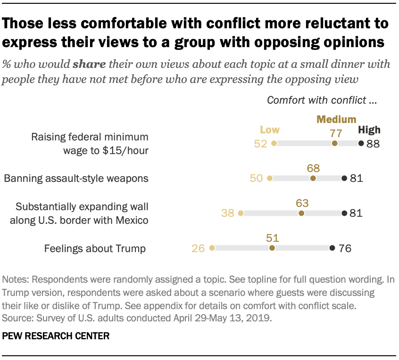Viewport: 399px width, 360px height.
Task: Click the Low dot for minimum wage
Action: [274, 143]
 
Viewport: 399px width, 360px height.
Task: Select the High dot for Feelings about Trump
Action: [332, 248]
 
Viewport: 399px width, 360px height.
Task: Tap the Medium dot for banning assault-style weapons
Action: [313, 178]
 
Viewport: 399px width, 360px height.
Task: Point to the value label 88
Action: [373, 144]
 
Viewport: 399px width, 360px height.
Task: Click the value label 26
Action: [199, 248]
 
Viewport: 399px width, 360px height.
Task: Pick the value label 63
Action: [302, 203]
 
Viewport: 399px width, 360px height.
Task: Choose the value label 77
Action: [335, 133]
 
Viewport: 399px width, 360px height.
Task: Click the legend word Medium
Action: [336, 119]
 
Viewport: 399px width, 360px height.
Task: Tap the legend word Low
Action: [270, 130]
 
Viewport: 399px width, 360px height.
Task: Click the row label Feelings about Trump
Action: [95, 248]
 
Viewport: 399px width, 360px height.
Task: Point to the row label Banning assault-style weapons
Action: [76, 179]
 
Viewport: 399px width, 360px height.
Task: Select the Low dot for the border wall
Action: [241, 213]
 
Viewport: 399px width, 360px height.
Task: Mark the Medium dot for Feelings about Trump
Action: [272, 248]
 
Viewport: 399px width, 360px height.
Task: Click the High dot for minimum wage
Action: [361, 143]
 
